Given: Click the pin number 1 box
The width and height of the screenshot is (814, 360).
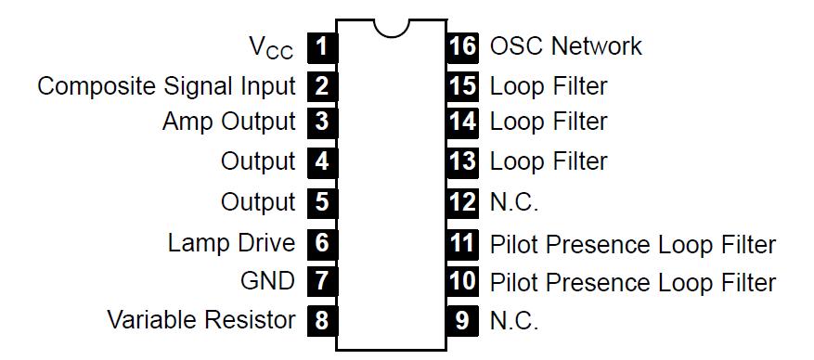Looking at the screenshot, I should pos(321,45).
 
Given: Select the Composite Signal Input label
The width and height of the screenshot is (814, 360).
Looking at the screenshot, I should pos(166,87).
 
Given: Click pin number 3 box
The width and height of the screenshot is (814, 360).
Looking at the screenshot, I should pos(321,122).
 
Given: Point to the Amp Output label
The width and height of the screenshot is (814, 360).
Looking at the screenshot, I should pos(228,122).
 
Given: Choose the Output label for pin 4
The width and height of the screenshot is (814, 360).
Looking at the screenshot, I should pos(258,161).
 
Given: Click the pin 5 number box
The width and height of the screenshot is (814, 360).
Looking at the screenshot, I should pos(321,201).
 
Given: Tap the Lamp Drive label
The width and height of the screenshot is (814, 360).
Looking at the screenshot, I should pos(231,243).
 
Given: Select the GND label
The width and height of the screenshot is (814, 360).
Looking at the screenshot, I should pos(267,280).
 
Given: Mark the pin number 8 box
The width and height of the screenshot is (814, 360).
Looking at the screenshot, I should pos(321,321).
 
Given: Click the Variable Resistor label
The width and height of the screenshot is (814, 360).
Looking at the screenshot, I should pos(201,321).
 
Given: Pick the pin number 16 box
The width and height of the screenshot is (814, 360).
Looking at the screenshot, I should pos(462,45).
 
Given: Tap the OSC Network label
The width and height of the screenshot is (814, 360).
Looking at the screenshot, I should pos(565,45).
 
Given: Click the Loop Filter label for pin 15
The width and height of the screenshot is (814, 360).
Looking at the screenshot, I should pos(548,87).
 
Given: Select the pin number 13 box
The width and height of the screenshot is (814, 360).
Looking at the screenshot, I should pos(462,161).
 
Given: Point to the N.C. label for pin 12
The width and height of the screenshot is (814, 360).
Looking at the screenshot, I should pos(513,201).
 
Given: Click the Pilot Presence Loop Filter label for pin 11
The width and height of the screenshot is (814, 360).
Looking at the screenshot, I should pos(632,245).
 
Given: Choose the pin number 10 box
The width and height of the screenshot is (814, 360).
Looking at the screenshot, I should pos(462,280).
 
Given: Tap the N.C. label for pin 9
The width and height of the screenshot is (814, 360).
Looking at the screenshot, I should pos(513,321).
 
